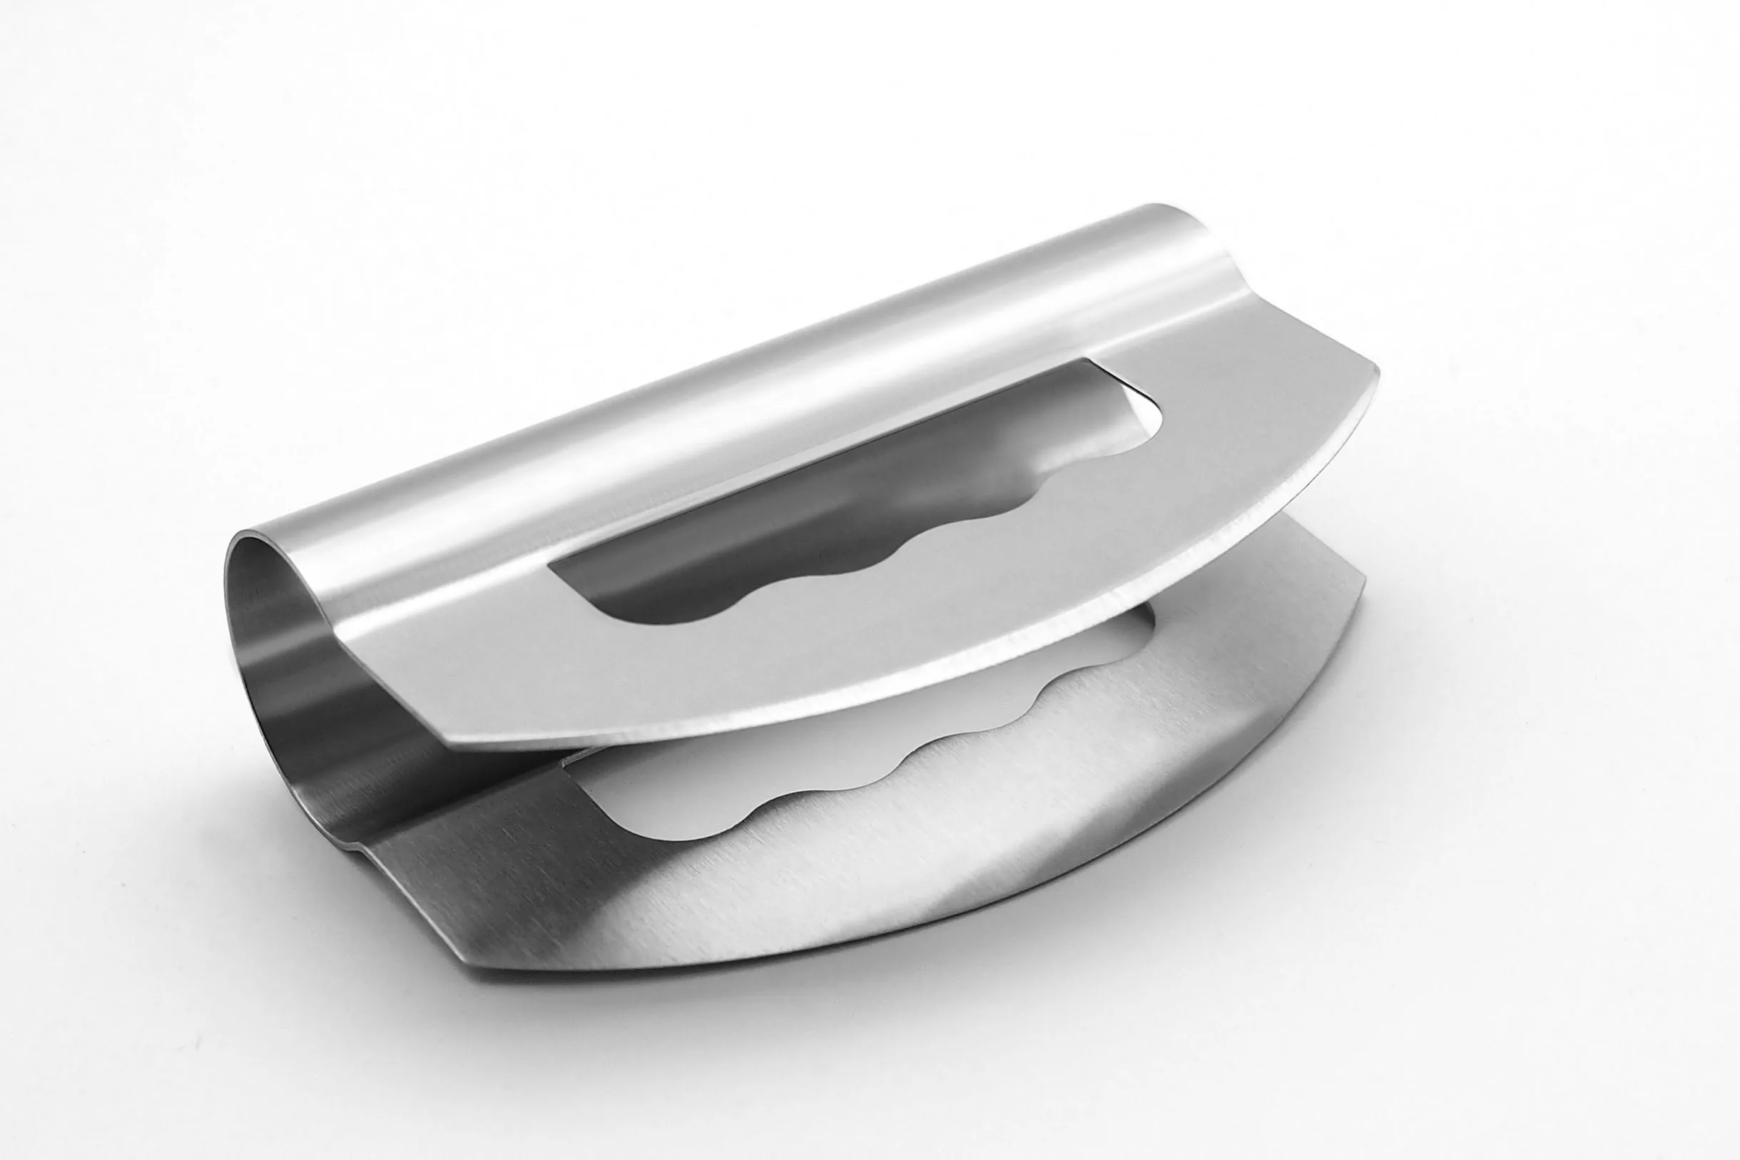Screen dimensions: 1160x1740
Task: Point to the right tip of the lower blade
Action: click(x=1363, y=601)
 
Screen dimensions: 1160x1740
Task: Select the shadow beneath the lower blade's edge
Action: click(x=962, y=955)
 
